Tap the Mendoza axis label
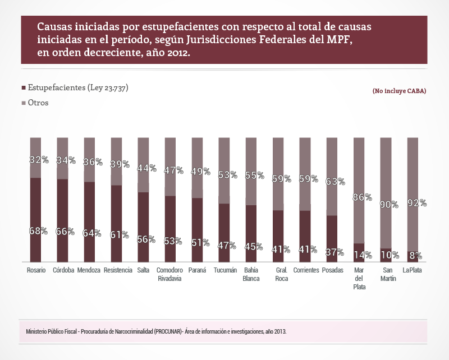tap(90, 270)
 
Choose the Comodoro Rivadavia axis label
tap(169, 274)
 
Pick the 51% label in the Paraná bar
tap(198, 243)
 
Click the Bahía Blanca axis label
tap(251, 274)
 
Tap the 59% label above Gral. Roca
tap(281, 179)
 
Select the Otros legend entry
tap(38, 103)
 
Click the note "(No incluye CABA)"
tap(398, 91)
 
